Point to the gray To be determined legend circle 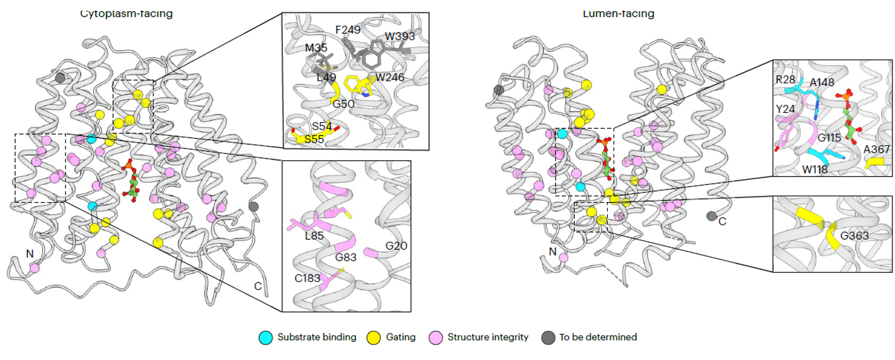(x=548, y=337)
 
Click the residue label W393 (x=400, y=36)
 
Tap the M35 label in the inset (x=316, y=48)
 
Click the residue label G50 (x=343, y=104)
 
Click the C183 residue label (x=308, y=277)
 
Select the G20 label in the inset (x=396, y=246)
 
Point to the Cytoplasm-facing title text (x=126, y=13)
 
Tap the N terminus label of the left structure (x=29, y=253)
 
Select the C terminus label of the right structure (x=722, y=221)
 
